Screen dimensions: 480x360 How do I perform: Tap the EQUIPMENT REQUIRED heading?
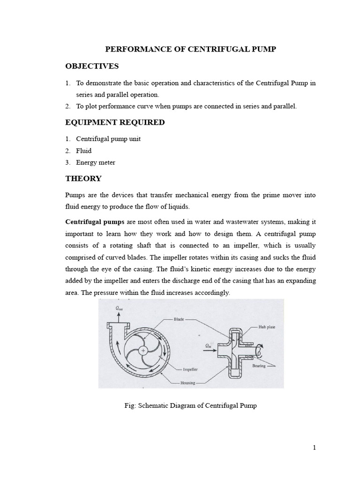(x=114, y=122)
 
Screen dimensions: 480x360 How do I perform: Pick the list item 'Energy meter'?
(x=96, y=163)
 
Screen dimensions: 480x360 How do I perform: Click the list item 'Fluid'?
(x=84, y=151)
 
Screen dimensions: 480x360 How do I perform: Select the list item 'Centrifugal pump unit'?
(x=108, y=139)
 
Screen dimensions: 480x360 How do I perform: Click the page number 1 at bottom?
(x=315, y=448)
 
